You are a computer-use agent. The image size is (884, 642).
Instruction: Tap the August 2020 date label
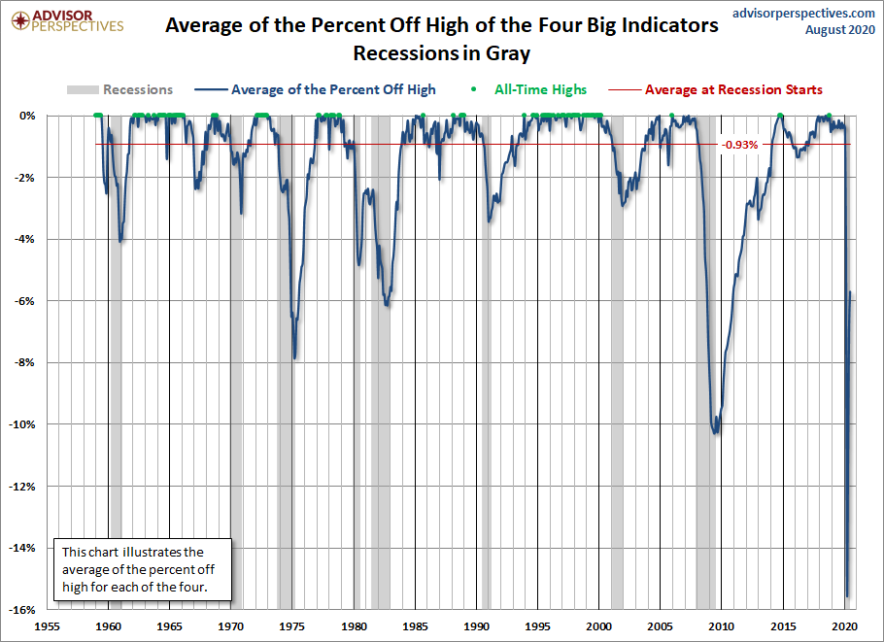tap(840, 30)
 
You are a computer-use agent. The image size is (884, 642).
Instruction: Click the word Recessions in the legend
tap(137, 89)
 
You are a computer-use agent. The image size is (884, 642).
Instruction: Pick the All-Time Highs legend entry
tap(540, 89)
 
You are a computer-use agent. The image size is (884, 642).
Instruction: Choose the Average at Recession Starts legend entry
tap(733, 89)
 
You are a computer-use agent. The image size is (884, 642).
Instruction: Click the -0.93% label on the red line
tap(739, 145)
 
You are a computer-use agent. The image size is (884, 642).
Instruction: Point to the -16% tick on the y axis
tap(24, 610)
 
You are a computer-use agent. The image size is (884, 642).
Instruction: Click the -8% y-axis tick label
tap(28, 363)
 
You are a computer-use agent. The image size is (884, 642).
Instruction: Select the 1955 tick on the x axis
tap(48, 626)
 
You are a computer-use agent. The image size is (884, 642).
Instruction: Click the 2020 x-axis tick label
tap(844, 626)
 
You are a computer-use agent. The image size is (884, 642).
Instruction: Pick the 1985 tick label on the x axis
tap(415, 626)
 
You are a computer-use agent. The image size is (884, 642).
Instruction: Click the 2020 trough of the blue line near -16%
tap(847, 596)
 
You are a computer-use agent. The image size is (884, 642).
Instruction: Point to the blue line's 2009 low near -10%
tap(717, 433)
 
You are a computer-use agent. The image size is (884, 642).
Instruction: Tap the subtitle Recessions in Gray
tap(442, 52)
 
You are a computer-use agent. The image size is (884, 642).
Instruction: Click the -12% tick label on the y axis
tap(24, 487)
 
